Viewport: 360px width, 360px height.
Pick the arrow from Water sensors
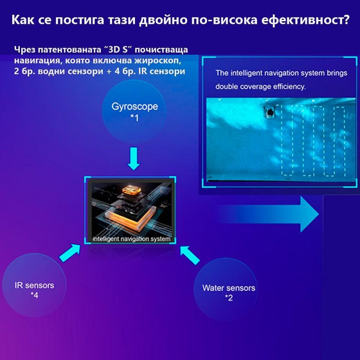click(190, 255)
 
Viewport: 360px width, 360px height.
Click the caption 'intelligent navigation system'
click(131, 238)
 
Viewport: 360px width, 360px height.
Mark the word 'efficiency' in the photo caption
click(290, 86)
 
